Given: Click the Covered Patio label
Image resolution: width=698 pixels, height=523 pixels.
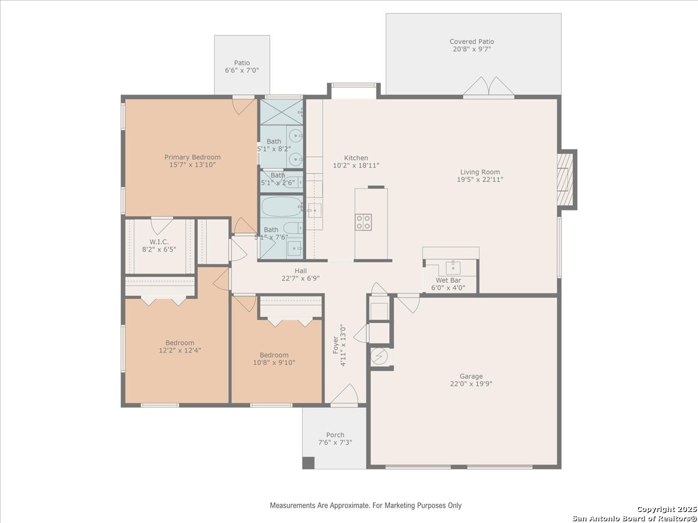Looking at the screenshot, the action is point(472,42).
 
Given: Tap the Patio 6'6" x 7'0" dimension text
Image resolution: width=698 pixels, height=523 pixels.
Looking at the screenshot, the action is point(241,70).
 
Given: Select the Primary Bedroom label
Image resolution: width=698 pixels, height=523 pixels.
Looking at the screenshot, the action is point(193,157).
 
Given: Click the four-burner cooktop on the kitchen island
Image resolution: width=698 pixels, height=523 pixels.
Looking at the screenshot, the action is point(364,222).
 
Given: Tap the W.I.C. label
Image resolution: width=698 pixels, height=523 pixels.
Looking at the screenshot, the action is point(159,242).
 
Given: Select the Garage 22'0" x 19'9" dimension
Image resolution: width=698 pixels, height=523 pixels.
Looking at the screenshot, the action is point(471,384).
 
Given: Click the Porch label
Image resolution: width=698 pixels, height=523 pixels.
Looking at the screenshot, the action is point(335,435).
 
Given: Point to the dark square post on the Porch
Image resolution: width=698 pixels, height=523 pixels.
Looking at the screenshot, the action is point(308,463).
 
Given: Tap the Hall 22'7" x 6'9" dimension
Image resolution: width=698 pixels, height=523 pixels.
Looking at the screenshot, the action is point(301,278).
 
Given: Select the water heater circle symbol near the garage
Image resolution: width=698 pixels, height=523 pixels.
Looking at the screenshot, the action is point(379,357).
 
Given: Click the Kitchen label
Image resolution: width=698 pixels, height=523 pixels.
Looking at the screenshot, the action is point(356,158).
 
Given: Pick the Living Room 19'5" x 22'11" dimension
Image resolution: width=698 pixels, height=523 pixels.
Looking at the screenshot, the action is point(480,180).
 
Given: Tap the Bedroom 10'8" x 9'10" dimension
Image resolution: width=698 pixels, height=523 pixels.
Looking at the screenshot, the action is point(274,362).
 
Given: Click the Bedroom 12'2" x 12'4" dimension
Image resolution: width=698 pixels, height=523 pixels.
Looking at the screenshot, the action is point(180,350).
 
